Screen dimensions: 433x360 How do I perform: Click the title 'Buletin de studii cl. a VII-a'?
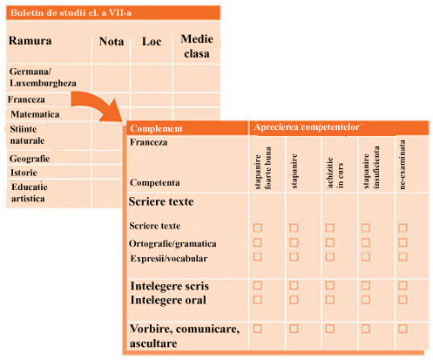point(71,13)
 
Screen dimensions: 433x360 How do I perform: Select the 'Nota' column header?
point(112,42)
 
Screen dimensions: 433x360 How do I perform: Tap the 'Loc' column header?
point(152,42)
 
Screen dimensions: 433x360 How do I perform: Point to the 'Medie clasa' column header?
point(197,46)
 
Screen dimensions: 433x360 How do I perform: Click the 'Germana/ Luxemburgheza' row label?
point(43,78)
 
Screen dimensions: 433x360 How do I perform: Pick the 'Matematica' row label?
point(35,114)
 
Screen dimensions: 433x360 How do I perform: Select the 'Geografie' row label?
point(30,159)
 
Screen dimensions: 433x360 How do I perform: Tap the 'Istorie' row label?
point(24,173)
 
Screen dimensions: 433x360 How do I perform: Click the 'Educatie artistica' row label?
point(29,193)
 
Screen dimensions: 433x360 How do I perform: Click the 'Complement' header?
point(156,128)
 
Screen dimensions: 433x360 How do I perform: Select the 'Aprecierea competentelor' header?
point(307,127)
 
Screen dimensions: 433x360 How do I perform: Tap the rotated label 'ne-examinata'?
point(403,165)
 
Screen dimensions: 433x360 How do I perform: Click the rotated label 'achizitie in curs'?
point(335,173)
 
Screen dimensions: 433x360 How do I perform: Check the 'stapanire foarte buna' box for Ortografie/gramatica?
point(258,242)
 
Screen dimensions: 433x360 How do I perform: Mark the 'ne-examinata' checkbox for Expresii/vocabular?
point(403,256)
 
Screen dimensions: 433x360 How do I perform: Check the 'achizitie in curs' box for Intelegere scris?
point(329,286)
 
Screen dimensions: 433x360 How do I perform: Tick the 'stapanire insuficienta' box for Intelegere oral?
point(366,300)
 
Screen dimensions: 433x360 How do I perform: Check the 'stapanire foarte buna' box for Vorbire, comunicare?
point(258,329)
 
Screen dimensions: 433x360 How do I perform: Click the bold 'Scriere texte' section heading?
point(161,201)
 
